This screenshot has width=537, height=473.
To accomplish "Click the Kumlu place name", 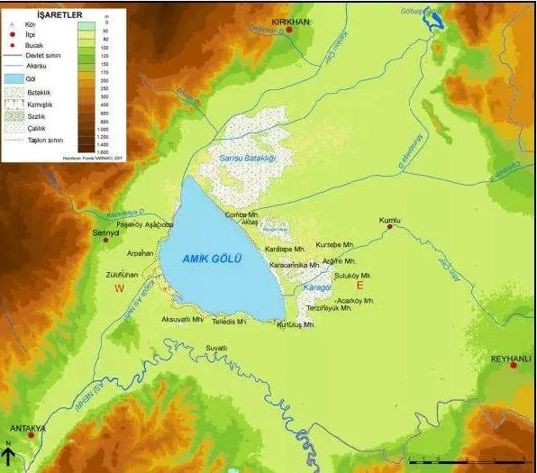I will [388, 220].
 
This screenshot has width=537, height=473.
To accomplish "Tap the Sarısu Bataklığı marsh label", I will [247, 159].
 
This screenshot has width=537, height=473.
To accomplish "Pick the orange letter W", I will [119, 287].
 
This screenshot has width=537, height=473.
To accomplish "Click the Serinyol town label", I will [105, 232].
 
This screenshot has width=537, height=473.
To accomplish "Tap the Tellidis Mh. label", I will [229, 322].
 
